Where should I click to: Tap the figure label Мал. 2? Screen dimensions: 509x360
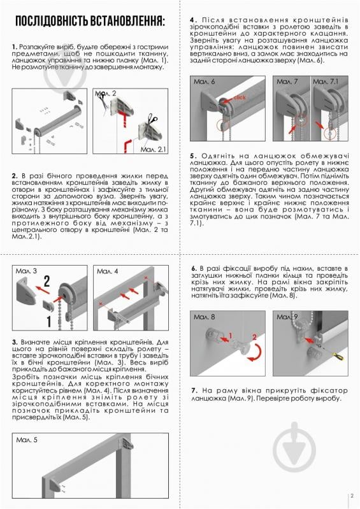(106, 94)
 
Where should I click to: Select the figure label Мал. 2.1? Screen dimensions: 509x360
(153, 148)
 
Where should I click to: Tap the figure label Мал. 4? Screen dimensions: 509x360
(107, 271)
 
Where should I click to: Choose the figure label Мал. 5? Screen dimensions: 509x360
(26, 440)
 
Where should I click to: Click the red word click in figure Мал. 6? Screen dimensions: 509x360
(240, 97)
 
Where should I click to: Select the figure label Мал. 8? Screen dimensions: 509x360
(204, 317)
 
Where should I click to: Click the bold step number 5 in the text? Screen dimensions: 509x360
(192, 155)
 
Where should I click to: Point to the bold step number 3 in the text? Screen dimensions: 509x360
(15, 342)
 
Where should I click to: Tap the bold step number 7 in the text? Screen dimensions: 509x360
(193, 390)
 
